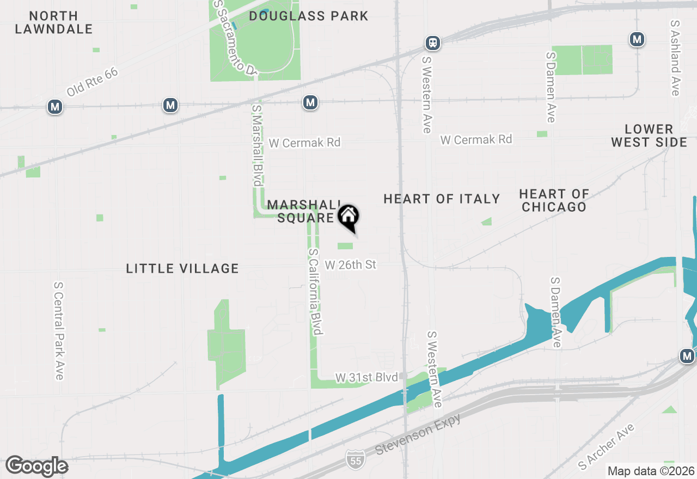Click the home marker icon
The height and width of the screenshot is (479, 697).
(348, 217)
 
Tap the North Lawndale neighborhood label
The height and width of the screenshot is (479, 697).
(54, 22)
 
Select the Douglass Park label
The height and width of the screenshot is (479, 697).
(309, 16)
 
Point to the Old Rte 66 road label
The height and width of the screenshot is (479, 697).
(92, 82)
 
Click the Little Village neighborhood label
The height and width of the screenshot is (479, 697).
(182, 268)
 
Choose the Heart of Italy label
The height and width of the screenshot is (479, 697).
(442, 199)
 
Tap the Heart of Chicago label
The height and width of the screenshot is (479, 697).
(554, 200)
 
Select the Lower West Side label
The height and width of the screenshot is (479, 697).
(649, 136)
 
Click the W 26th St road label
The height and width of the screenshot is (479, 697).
(351, 265)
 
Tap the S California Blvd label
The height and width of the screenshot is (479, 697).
(316, 292)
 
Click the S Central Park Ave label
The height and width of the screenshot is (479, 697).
(59, 330)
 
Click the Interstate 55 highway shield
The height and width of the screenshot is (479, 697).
(356, 458)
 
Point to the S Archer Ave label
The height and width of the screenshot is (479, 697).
(607, 446)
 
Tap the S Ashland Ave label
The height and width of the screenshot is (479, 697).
(675, 58)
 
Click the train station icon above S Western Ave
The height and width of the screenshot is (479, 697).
(433, 42)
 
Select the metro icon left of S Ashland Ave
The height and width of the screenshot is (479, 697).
(637, 39)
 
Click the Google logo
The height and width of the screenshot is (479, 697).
(36, 466)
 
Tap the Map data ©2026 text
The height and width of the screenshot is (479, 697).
(651, 471)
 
